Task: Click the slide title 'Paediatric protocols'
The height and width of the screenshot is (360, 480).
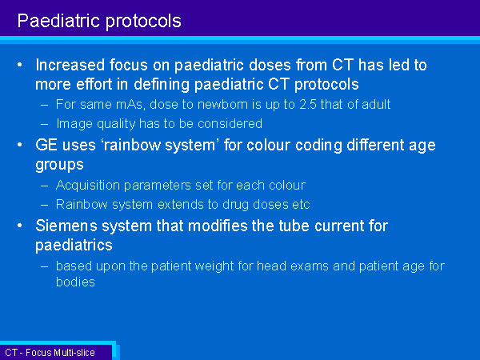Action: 99,22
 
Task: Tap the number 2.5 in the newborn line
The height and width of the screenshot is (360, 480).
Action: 308,104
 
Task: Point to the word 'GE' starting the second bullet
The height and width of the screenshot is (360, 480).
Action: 46,145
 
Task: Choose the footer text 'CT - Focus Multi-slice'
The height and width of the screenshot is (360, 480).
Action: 50,353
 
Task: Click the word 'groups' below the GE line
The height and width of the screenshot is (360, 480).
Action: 59,165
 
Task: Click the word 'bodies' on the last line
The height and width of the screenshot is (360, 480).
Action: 75,282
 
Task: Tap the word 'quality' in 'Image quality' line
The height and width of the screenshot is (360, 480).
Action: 116,124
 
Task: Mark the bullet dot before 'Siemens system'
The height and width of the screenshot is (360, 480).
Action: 20,226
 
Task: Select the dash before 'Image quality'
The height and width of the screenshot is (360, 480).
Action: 44,124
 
